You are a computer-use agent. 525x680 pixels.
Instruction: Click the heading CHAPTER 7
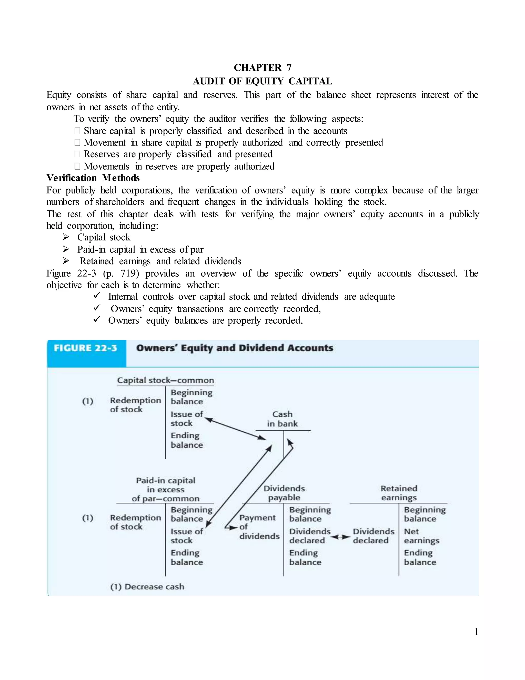[262, 67]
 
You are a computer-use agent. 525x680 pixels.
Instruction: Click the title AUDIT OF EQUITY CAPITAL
[262, 81]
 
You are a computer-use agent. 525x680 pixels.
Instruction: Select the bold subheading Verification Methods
[93, 178]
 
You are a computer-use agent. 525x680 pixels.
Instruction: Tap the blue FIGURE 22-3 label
[86, 348]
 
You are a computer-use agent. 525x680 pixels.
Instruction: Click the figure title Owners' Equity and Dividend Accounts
[235, 348]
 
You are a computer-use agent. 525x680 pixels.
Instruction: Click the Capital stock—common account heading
[165, 381]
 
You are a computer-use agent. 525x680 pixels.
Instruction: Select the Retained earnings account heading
[399, 493]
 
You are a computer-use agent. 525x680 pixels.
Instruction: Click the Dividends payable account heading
[284, 493]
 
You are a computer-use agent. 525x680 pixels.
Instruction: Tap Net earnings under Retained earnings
[421, 536]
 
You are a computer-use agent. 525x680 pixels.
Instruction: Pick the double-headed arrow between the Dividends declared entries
[340, 537]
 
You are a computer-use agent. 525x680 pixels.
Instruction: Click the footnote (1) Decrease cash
[147, 587]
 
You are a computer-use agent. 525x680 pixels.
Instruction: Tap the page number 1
[476, 632]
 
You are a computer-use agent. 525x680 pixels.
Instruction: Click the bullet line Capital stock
[104, 237]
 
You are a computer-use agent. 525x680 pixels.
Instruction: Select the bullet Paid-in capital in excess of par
[140, 249]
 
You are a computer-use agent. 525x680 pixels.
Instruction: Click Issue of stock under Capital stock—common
[186, 419]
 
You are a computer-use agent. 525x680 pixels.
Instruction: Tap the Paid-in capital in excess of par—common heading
[165, 489]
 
